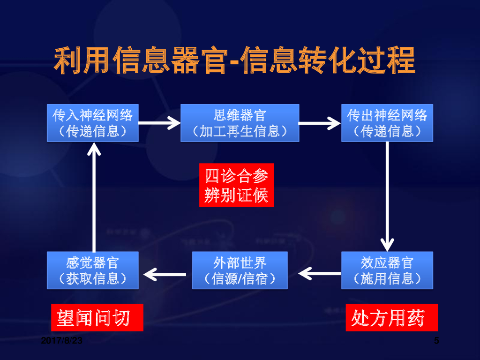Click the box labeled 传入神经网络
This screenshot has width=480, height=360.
click(x=93, y=123)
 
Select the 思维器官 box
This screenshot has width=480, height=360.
click(x=240, y=123)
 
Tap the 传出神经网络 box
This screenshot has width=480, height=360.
click(x=387, y=123)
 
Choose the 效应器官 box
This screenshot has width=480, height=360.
click(x=387, y=270)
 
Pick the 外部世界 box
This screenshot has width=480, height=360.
click(x=240, y=270)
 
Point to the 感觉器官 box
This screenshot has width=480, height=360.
click(x=93, y=270)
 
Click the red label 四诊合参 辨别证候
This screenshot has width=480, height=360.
click(x=236, y=185)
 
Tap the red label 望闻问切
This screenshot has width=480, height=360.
click(x=97, y=318)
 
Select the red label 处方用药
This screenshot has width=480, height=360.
click(x=391, y=318)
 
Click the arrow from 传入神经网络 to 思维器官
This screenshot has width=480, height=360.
click(x=159, y=123)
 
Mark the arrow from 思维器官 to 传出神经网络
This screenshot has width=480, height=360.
click(x=320, y=123)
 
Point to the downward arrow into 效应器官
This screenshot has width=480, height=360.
click(x=387, y=197)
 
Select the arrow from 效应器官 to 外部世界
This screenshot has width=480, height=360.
click(x=320, y=272)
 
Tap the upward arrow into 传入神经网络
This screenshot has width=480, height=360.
click(x=94, y=197)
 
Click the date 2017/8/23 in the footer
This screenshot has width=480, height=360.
click(x=61, y=341)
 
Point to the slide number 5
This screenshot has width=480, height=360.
click(x=436, y=341)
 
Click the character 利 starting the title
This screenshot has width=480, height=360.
click(x=68, y=60)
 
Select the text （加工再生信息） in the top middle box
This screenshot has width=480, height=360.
click(x=240, y=131)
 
